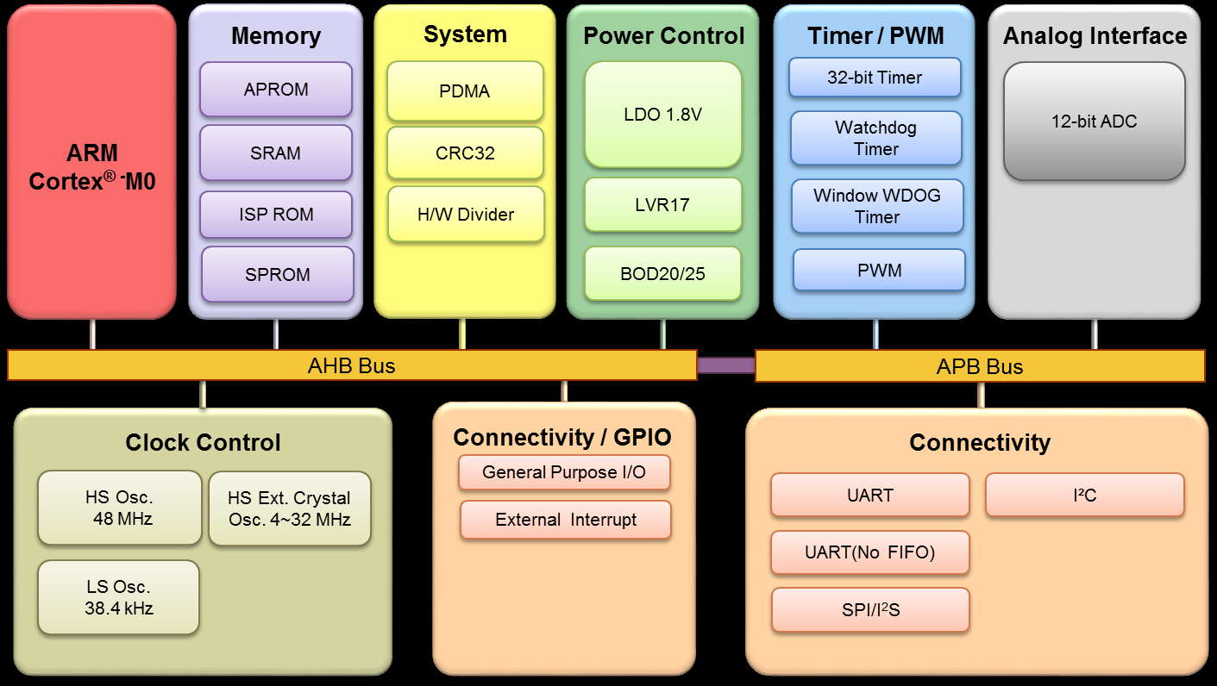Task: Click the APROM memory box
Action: coord(276,90)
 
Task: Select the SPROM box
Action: coord(278,275)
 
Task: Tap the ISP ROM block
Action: coord(276,215)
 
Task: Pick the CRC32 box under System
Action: coord(465,153)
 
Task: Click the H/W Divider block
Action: coord(466,215)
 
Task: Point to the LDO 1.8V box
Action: coord(662,115)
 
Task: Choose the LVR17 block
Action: coord(662,205)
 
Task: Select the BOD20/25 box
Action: coord(662,274)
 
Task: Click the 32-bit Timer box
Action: coord(875,78)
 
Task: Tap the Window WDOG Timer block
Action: coord(877,207)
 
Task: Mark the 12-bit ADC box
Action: coord(1094,122)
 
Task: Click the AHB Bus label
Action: coord(351,366)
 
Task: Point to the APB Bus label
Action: coord(980,367)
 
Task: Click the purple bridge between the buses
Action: coord(725,366)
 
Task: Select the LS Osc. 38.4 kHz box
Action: coord(119,598)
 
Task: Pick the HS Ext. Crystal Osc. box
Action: coord(289,508)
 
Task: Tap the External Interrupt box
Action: coord(566,521)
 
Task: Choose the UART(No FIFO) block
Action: coord(869,552)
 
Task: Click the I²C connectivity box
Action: coord(1084,496)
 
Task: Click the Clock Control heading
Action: coord(203,443)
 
